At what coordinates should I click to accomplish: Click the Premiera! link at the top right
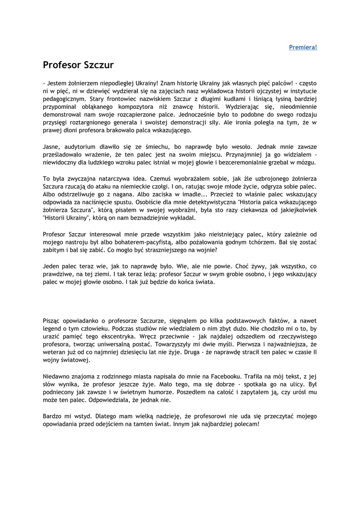click(x=303, y=47)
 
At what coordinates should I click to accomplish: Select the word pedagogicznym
click(x=64, y=99)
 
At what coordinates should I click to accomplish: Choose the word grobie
click(x=212, y=274)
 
